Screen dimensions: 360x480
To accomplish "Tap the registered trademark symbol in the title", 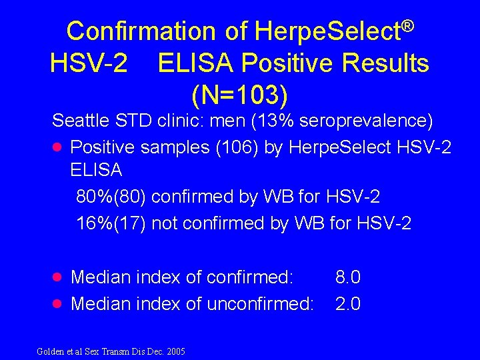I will coord(408,26).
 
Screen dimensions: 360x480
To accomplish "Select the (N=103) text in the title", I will coord(240,95).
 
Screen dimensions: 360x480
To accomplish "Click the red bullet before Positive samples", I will coord(57,147).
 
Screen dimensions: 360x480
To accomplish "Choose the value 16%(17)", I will coord(112,223).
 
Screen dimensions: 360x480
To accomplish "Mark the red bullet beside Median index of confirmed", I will coord(57,277).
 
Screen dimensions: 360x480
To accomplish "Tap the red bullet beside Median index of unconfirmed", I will coord(57,304).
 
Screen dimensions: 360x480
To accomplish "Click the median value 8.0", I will coord(348,277).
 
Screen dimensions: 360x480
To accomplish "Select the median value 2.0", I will coord(348,304).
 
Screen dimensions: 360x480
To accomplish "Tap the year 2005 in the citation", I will coord(175,351).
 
